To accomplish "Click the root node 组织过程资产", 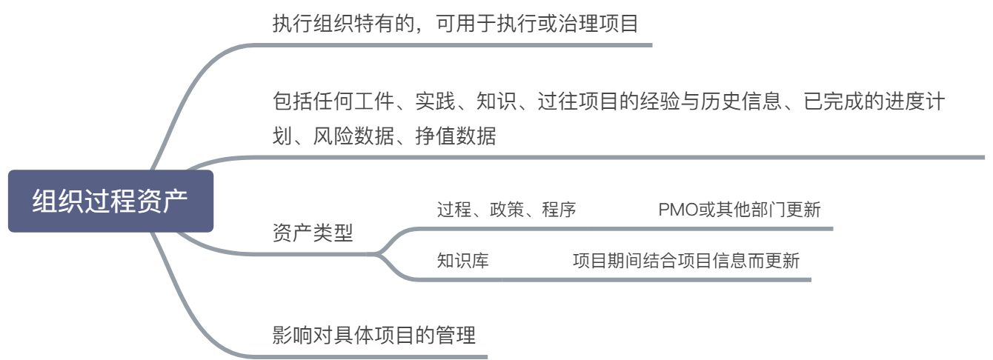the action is coord(110,201).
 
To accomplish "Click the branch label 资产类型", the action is coord(313,233).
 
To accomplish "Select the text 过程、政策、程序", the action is coord(506,210).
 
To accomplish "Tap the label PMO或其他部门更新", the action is coord(739,210).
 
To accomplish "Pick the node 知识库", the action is coord(462,261).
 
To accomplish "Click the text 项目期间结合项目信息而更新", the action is coord(685,261).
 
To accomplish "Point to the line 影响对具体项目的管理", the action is coord(373,335).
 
